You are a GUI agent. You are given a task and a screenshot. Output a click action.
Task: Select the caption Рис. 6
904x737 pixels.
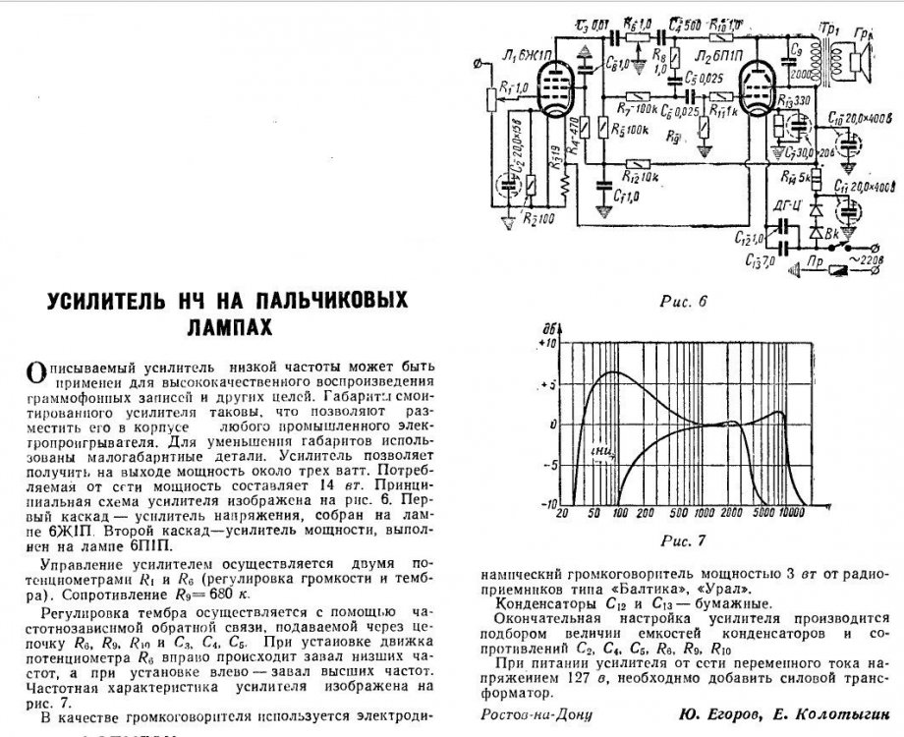point(686,300)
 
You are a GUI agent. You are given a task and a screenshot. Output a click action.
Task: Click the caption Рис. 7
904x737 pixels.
point(686,541)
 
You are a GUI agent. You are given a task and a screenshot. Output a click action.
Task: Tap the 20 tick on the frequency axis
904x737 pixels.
point(562,513)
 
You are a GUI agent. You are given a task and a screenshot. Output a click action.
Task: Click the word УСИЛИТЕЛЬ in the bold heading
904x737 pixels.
point(108,299)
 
